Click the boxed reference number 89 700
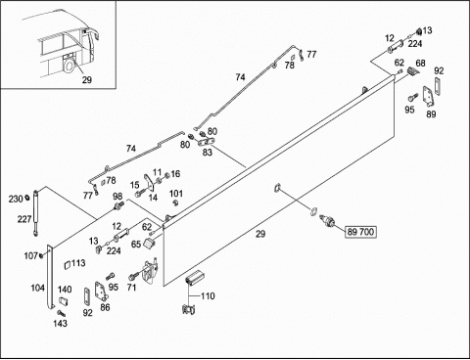click(360, 232)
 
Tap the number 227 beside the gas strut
click(24, 219)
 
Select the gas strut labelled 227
click(35, 212)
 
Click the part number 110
click(208, 296)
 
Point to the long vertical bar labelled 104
click(50, 277)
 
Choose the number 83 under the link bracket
click(208, 153)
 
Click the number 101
click(176, 194)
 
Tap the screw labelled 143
click(61, 313)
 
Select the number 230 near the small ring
click(16, 199)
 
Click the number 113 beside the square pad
click(78, 263)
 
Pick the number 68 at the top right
click(420, 63)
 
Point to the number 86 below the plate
click(105, 307)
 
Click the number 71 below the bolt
click(131, 288)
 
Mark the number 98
click(117, 197)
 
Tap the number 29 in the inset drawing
click(87, 79)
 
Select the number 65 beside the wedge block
click(136, 244)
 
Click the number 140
click(65, 290)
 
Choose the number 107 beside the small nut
click(31, 256)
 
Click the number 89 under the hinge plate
click(431, 113)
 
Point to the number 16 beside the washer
click(175, 174)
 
